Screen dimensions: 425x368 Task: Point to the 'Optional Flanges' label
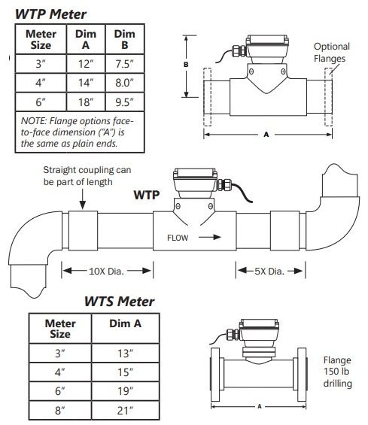coord(331,51)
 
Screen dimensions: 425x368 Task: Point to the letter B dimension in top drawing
coord(185,65)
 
